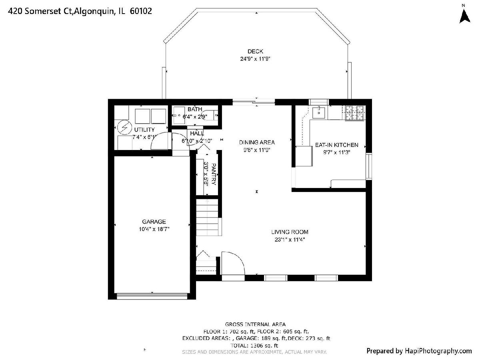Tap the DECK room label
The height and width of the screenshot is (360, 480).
click(255, 51)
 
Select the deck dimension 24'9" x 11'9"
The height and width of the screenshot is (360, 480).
click(255, 59)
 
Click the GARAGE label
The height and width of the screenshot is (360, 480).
click(154, 222)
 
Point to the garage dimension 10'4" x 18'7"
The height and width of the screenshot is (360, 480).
click(154, 229)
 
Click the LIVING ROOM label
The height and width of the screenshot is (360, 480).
click(290, 232)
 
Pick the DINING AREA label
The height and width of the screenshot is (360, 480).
click(257, 142)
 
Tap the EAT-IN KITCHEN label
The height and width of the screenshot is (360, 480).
click(336, 145)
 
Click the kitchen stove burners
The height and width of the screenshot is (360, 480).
click(354, 113)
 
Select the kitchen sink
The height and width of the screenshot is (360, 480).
click(319, 112)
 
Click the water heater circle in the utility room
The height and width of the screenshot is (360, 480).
click(124, 128)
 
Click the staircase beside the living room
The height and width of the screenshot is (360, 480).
click(207, 217)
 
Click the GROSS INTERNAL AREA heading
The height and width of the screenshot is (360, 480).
click(255, 324)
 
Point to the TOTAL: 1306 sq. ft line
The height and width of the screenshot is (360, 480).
click(254, 346)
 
